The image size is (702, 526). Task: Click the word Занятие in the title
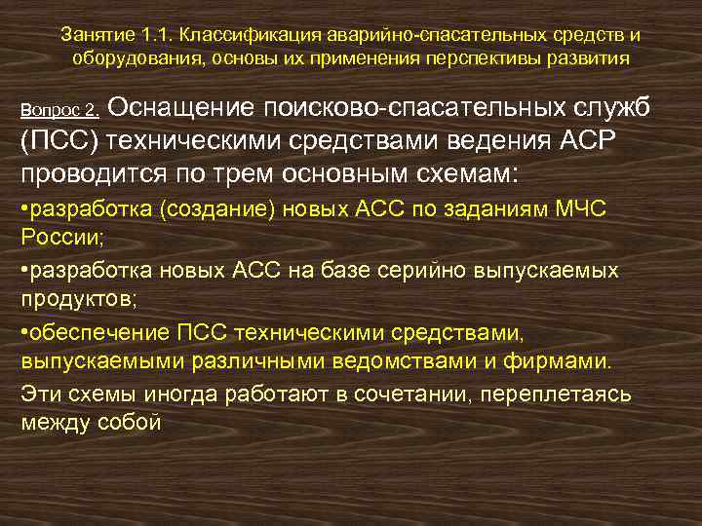(96, 34)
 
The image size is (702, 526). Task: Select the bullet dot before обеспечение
(23, 334)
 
